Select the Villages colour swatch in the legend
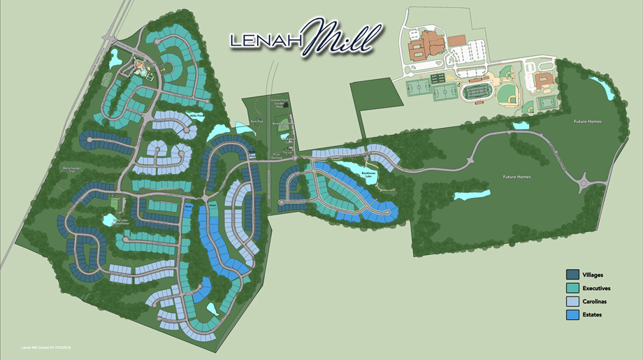pyautogui.click(x=571, y=275)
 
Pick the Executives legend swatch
pyautogui.click(x=571, y=288)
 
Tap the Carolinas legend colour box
pyautogui.click(x=571, y=301)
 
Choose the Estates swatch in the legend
pyautogui.click(x=571, y=315)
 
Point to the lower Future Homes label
pyautogui.click(x=517, y=177)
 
